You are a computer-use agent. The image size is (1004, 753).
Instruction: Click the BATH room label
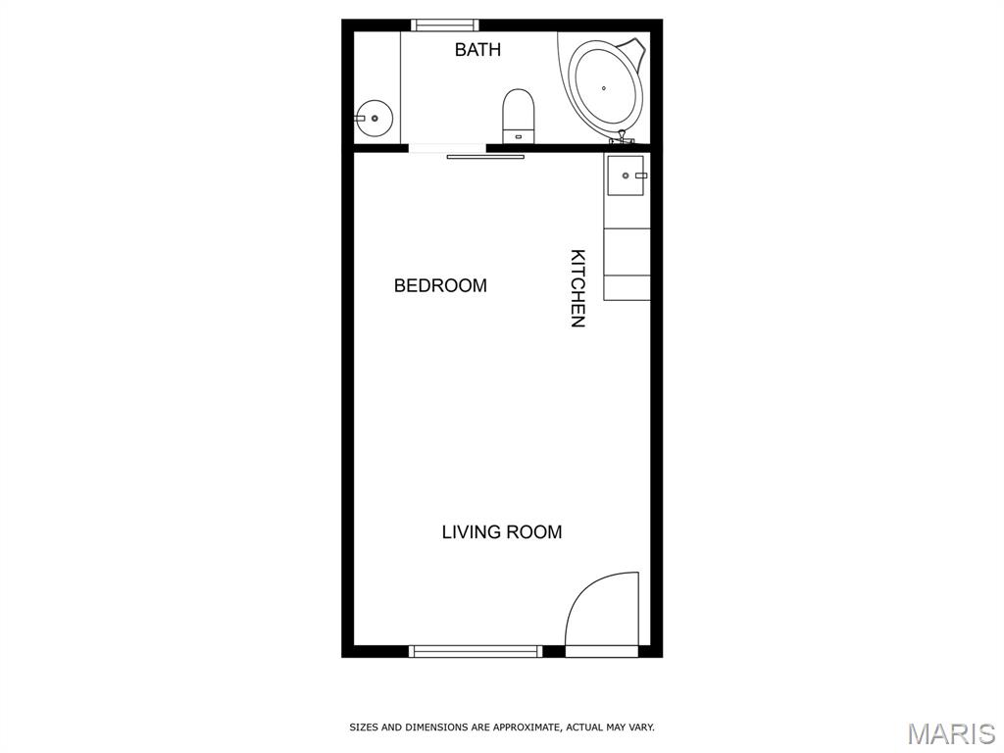[x=477, y=49]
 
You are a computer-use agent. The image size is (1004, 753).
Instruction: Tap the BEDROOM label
[x=440, y=285]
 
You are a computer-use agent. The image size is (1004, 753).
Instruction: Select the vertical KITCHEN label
[x=577, y=288]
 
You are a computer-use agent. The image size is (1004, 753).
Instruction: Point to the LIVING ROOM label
[x=502, y=532]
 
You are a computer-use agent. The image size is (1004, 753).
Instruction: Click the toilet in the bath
[x=518, y=116]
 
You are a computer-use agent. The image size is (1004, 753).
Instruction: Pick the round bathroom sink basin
[x=374, y=119]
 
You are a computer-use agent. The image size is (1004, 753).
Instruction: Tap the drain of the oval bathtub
[x=604, y=88]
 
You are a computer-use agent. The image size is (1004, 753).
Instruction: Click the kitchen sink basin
[x=626, y=176]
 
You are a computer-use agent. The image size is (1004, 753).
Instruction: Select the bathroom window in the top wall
[x=444, y=25]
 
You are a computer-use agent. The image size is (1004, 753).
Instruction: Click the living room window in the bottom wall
[x=476, y=651]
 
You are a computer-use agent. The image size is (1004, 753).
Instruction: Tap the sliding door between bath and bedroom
[x=485, y=156]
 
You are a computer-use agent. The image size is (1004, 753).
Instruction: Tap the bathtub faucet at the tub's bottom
[x=621, y=137]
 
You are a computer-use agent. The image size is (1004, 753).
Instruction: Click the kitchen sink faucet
[x=640, y=176]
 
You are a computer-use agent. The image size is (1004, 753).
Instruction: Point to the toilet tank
[x=518, y=135]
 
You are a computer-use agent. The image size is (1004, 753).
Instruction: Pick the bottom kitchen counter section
[x=627, y=287]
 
